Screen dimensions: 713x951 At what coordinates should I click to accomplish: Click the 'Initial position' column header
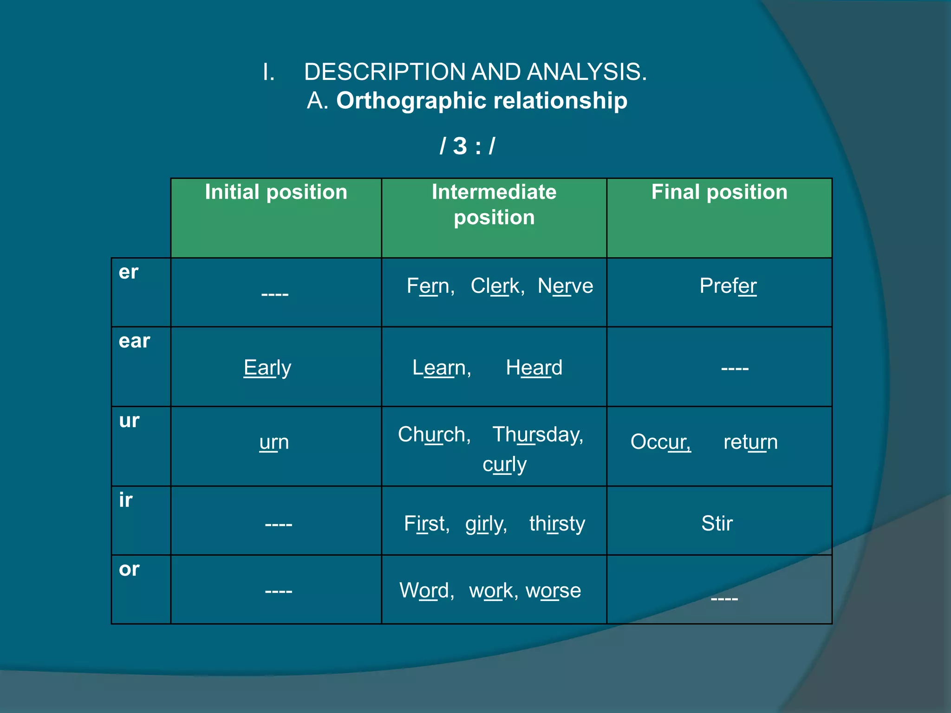(x=276, y=192)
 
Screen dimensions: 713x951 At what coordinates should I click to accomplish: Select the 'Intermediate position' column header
(x=494, y=205)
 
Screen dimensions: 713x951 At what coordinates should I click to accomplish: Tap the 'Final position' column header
(x=719, y=192)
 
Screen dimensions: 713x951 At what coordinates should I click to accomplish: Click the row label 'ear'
(x=134, y=341)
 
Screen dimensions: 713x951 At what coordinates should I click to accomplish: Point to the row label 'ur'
(x=129, y=421)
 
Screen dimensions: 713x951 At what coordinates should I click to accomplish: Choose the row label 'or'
(x=129, y=569)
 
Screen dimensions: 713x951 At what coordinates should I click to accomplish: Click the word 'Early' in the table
(x=267, y=368)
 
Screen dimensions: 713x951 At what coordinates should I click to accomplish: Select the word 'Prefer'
(x=728, y=286)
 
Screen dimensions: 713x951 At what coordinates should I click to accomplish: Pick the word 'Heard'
(x=534, y=368)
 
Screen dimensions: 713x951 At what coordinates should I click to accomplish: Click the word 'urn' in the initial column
(x=274, y=442)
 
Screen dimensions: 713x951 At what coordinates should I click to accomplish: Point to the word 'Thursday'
(x=537, y=434)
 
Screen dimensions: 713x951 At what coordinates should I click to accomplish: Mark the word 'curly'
(x=504, y=464)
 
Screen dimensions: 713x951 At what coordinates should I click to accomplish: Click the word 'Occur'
(x=660, y=442)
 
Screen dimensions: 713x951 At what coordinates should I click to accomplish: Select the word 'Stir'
(x=717, y=524)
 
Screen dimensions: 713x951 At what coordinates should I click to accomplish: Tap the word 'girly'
(x=486, y=524)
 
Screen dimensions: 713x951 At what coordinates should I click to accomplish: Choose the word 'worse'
(x=553, y=590)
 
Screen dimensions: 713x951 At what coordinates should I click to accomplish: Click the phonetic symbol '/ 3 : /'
(x=467, y=146)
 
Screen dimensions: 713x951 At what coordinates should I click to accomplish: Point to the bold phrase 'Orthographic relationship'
(x=482, y=100)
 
